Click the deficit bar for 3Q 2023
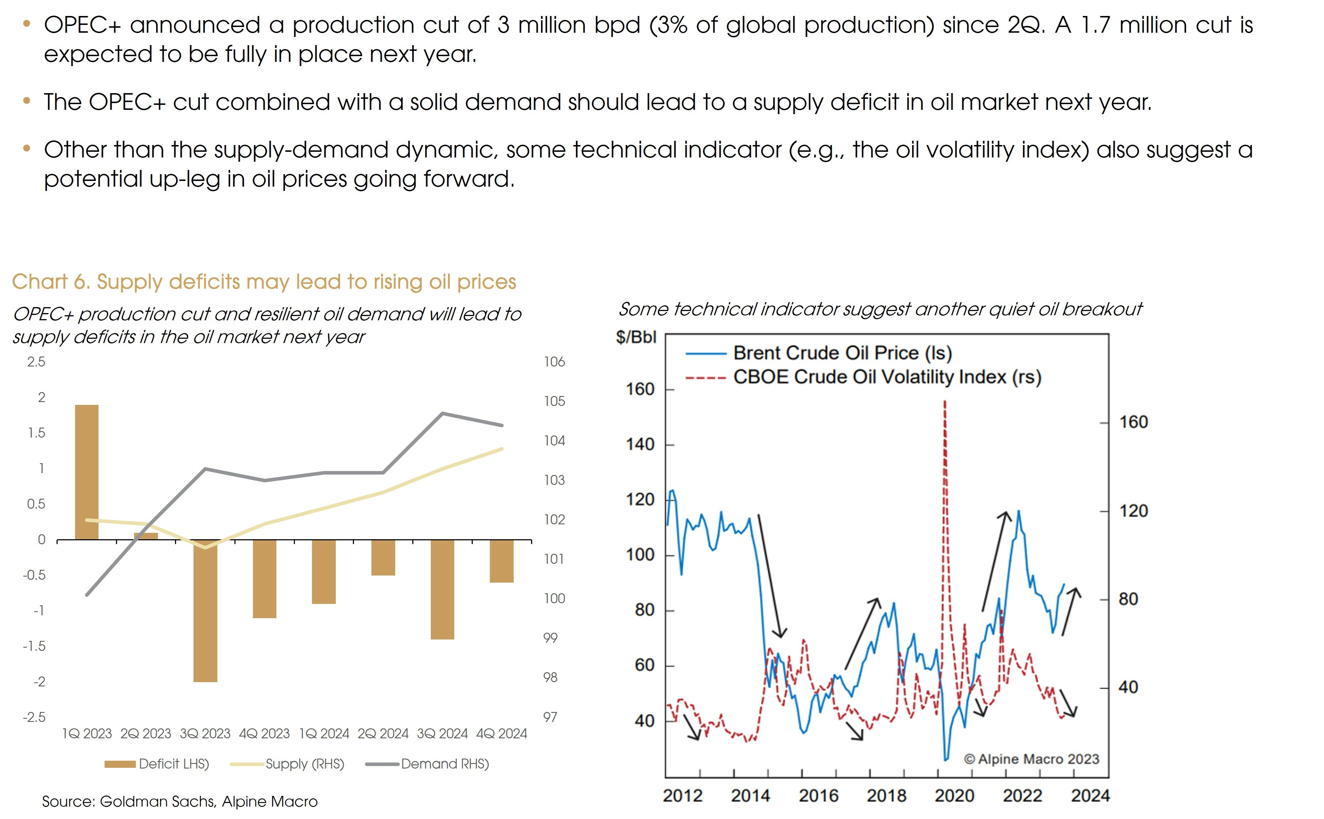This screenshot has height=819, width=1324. click(x=205, y=610)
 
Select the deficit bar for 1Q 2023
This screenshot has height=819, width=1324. click(x=87, y=472)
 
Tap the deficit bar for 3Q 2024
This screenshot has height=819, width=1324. click(x=442, y=589)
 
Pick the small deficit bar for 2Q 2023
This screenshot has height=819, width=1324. click(x=146, y=536)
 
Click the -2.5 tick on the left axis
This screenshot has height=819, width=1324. click(x=34, y=717)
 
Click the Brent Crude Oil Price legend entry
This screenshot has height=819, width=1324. click(x=842, y=353)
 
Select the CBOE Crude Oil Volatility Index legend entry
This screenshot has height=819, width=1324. click(x=887, y=377)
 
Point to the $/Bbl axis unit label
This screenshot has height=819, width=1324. click(x=636, y=337)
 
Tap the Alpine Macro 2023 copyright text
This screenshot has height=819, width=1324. click(x=1031, y=759)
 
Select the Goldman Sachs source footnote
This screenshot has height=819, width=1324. click(x=180, y=801)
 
